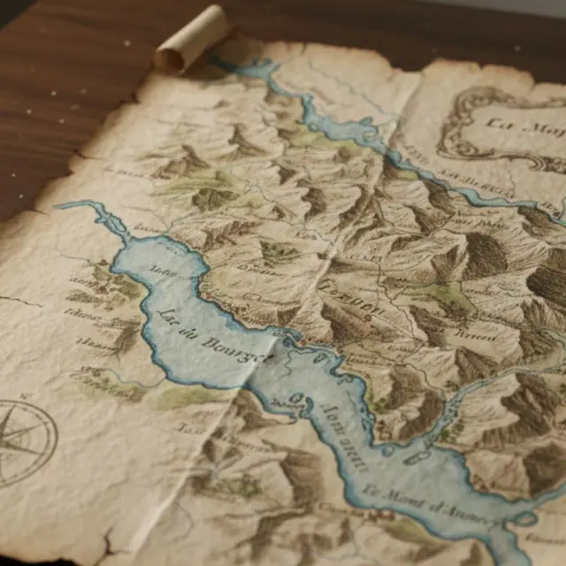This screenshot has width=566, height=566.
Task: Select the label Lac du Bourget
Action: click(x=212, y=337)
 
